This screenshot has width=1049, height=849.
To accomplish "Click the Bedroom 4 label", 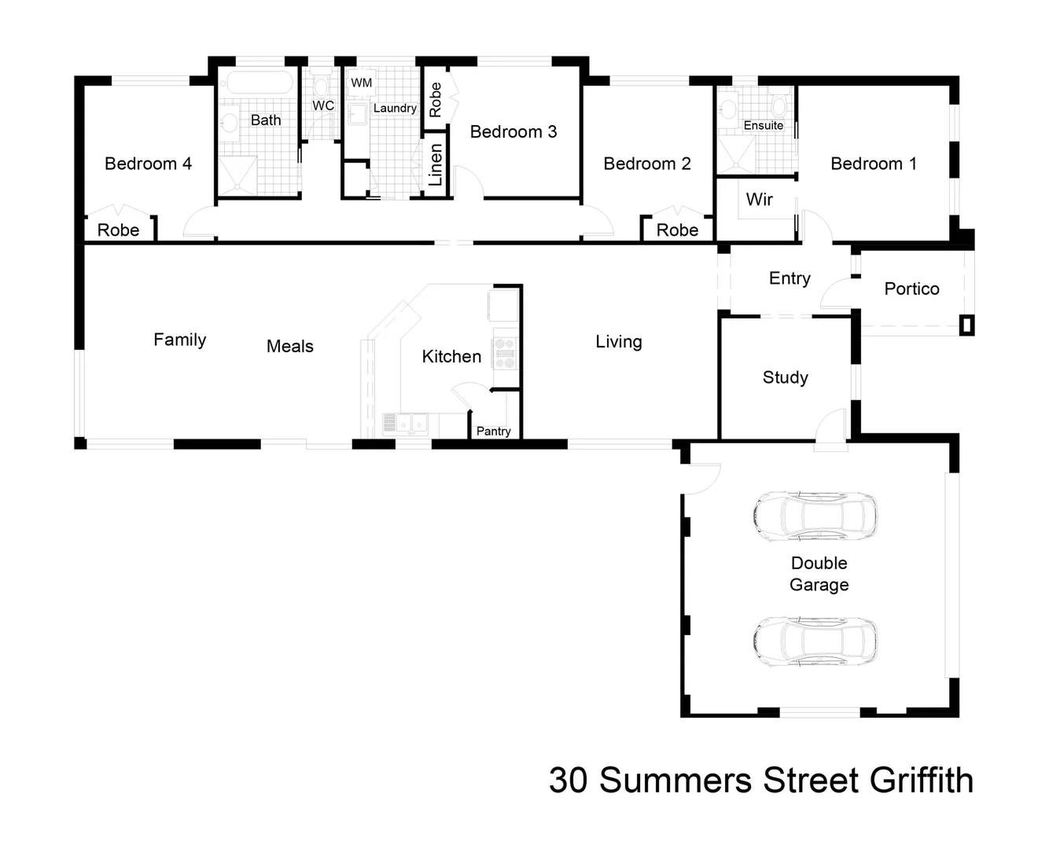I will (x=148, y=164).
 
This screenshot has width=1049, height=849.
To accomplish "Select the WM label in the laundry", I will (x=361, y=83).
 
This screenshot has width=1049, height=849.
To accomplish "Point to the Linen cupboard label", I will (x=436, y=165).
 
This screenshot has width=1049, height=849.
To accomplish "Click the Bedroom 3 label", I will (x=513, y=132).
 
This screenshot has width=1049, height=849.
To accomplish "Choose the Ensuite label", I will (x=763, y=125).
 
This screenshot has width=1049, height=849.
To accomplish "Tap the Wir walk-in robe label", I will (x=759, y=200).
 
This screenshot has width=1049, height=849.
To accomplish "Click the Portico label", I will (x=911, y=289).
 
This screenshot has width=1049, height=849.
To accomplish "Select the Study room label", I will (x=785, y=377).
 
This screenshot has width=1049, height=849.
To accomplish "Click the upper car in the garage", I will (x=815, y=516).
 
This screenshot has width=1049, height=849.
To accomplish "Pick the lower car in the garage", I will (x=815, y=641).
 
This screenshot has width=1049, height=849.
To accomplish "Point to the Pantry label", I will (x=493, y=431).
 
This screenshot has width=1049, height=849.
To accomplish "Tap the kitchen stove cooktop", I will (x=504, y=353).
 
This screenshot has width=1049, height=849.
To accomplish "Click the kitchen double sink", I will (x=406, y=424).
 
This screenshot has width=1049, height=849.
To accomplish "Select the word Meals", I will (x=289, y=347).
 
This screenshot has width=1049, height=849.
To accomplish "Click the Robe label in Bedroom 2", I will (x=677, y=230).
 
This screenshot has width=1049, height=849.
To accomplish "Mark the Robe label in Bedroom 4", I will (x=118, y=230).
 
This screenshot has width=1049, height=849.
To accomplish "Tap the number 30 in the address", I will (x=568, y=781).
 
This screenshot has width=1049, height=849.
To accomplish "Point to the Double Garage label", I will (x=819, y=574).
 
